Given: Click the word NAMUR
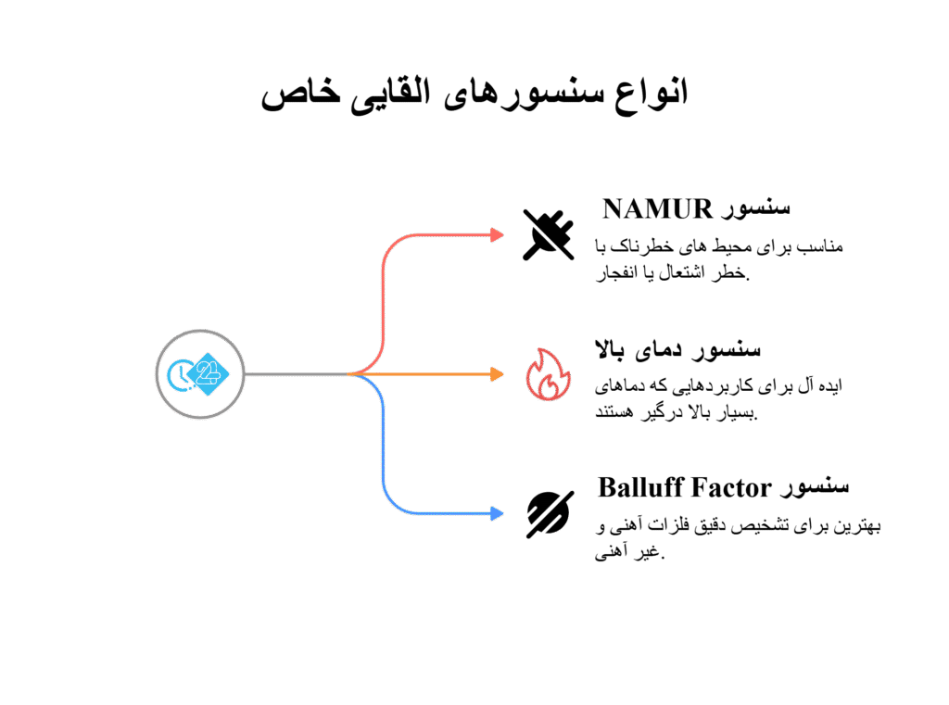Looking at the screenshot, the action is pos(657,209).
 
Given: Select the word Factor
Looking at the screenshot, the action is pos(732,487).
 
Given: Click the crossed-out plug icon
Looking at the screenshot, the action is pos(549,234).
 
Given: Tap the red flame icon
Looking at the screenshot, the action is pos(549,374).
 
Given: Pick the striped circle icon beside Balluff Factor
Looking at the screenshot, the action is pos(550,514).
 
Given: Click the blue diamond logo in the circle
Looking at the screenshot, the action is pos(208,374).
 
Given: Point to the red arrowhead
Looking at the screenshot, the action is pos(497,234).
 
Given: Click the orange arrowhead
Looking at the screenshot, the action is pos(497,374).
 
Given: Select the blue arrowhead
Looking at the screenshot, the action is pos(497,514).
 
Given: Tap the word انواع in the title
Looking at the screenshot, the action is pos(652,94).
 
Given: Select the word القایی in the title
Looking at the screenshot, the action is pos(391,94).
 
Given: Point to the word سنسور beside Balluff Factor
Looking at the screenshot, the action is pos(815,487).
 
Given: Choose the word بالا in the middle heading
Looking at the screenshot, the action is pos(610,349).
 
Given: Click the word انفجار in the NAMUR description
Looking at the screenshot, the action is pos(618,273).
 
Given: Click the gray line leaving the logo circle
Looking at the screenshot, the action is pos(296,374).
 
